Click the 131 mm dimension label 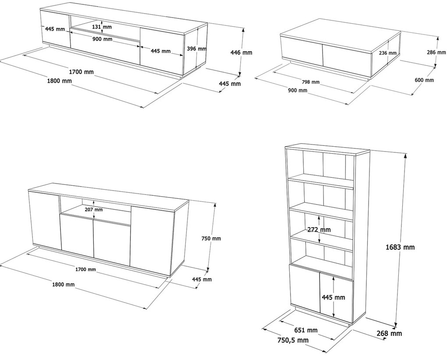[x=102, y=27]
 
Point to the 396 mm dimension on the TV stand [x=196, y=49]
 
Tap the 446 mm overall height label [x=241, y=53]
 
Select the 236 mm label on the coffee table [x=388, y=53]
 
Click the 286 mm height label [x=436, y=52]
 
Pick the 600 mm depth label [x=424, y=80]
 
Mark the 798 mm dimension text [x=311, y=82]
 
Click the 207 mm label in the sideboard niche [x=94, y=210]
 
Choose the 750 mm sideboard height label [x=211, y=238]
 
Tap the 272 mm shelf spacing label [x=319, y=229]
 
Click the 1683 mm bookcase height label [x=400, y=247]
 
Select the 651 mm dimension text [x=306, y=330]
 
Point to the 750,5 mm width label [x=293, y=340]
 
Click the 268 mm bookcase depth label [x=389, y=333]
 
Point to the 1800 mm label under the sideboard [x=63, y=284]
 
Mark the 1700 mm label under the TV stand [x=81, y=72]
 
